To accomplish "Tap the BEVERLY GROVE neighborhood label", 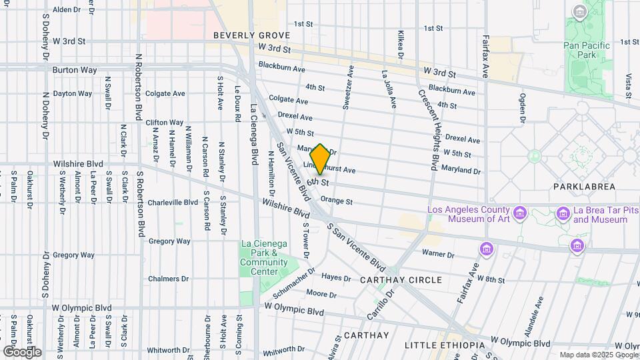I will click(x=251, y=35).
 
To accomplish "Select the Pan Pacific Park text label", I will click(x=579, y=50).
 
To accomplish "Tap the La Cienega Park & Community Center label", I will click(x=264, y=257).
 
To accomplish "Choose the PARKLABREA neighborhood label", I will click(x=584, y=187).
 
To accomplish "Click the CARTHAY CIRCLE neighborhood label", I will click(x=401, y=280).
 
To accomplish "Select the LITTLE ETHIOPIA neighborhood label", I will click(x=445, y=345).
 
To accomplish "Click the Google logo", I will click(x=22, y=351).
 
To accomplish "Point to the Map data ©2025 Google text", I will click(x=599, y=355).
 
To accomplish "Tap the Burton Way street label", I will click(x=75, y=69).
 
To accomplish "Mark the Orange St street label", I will click(x=336, y=201).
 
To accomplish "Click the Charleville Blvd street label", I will click(x=173, y=202).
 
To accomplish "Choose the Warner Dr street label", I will click(x=438, y=254).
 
